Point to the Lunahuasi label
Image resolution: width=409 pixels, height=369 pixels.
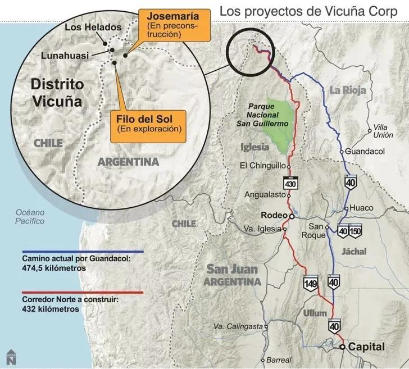coord(65,55)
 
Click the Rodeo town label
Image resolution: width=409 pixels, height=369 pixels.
coord(274,215)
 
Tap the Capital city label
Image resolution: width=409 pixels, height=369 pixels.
coord(366,347)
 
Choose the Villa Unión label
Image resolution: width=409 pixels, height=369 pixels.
coord(380,131)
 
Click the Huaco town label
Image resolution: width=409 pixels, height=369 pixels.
coord(361,208)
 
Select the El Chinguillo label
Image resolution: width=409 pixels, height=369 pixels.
coord(262,165)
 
